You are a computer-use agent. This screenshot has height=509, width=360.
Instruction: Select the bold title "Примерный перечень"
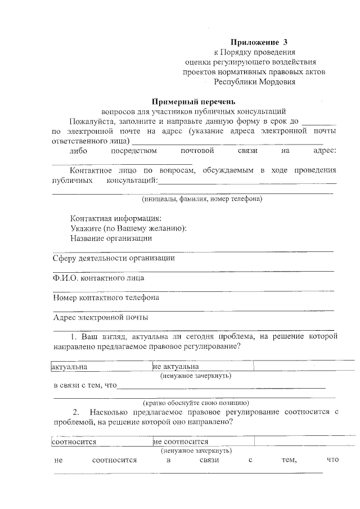[x=193, y=102]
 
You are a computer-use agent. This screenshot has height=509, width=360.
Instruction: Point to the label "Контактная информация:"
[x=116, y=218]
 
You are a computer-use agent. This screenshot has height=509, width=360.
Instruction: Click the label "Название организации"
[x=111, y=238]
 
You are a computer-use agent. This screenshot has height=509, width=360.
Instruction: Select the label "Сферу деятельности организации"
[x=113, y=258]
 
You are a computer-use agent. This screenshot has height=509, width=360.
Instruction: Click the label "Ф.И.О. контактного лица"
[x=98, y=278]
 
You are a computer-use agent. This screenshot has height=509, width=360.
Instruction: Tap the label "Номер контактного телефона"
[x=106, y=298]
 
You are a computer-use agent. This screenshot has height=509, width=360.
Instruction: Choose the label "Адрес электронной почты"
[x=101, y=317]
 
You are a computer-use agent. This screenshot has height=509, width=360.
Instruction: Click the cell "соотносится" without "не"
[x=74, y=442]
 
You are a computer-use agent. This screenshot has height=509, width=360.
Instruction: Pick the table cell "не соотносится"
[x=181, y=442]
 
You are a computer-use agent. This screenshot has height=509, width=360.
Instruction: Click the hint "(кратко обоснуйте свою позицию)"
[x=195, y=403]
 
